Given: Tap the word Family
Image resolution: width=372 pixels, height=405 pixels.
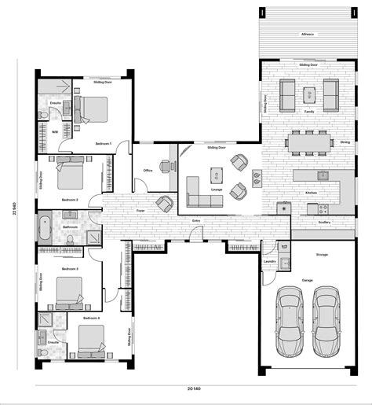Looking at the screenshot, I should [309, 112].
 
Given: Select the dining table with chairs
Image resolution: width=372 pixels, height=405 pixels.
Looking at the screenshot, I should [308, 142].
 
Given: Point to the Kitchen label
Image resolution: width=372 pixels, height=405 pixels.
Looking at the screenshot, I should [311, 193].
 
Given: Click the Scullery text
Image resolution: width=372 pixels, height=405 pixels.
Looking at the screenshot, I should [325, 223].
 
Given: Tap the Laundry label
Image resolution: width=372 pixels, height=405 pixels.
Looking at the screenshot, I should [269, 262].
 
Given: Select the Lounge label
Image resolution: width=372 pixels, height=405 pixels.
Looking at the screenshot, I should [217, 190].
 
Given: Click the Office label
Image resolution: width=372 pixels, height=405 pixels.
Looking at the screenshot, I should [148, 170].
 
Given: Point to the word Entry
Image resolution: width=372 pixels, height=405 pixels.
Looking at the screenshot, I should [195, 221].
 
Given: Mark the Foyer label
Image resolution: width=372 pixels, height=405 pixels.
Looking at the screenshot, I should [141, 211].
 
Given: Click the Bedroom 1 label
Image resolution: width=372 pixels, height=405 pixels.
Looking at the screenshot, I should [103, 144].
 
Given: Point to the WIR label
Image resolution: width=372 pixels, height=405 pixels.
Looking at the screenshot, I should [55, 132].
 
